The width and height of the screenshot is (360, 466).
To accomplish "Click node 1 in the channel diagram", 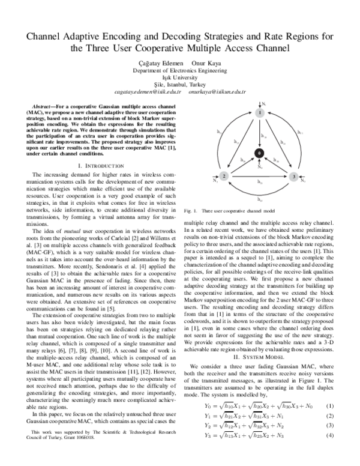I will (x=259, y=112).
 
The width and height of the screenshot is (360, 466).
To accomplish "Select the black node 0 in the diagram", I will (x=259, y=154).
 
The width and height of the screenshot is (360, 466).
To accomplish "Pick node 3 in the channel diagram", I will (x=294, y=177).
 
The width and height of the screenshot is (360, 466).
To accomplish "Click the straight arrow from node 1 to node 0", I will (x=259, y=133).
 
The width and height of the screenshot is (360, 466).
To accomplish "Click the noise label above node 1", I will (x=262, y=104).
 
